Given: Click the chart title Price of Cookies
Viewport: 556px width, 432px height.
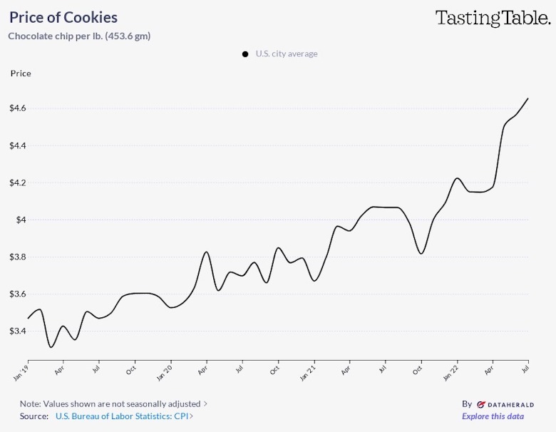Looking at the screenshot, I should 63,17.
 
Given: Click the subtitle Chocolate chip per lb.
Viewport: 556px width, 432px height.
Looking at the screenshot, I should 78,36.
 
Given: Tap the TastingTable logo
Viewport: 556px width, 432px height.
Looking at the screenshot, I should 493,18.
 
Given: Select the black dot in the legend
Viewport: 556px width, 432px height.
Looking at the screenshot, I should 245,54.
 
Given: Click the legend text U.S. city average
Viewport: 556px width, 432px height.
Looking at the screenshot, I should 287,54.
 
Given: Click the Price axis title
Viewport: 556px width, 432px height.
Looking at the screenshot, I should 21,73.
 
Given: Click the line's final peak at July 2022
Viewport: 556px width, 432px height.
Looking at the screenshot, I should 527,98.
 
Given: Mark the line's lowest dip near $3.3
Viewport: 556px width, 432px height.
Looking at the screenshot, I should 51,347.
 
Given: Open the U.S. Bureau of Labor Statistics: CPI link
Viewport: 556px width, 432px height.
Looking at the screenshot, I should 124,416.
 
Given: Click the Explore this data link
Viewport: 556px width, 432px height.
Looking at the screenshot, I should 493,416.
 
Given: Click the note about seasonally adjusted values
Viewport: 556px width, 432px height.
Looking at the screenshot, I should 113,403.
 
